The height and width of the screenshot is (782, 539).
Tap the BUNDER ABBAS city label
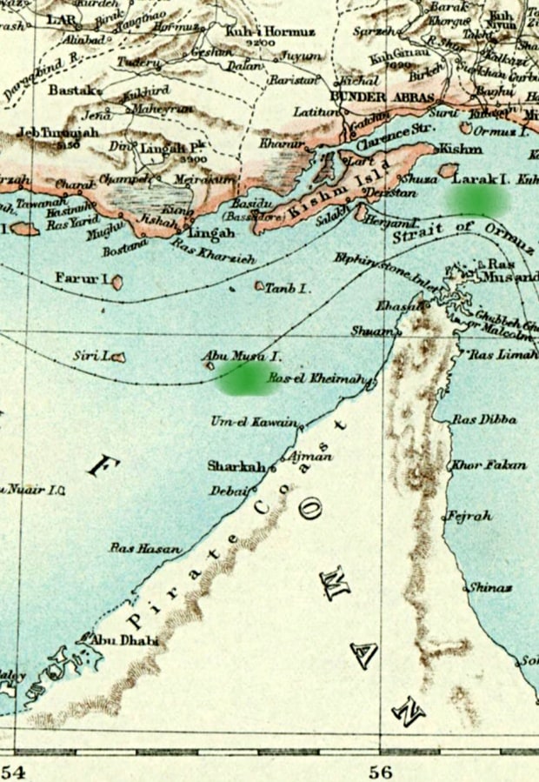(x=371, y=96)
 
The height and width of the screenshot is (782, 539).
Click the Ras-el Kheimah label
(x=321, y=379)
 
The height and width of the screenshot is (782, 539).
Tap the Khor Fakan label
(x=489, y=465)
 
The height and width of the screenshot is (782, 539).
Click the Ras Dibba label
(x=484, y=419)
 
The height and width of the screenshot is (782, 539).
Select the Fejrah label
(x=469, y=516)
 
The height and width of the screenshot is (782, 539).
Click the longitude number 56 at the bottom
(x=380, y=771)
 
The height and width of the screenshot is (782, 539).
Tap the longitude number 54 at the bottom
(x=13, y=771)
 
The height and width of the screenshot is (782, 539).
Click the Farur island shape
(x=116, y=282)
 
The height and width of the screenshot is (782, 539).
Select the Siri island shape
(x=117, y=357)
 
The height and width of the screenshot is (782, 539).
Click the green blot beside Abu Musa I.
(x=243, y=379)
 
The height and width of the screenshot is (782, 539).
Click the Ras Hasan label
(x=145, y=548)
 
